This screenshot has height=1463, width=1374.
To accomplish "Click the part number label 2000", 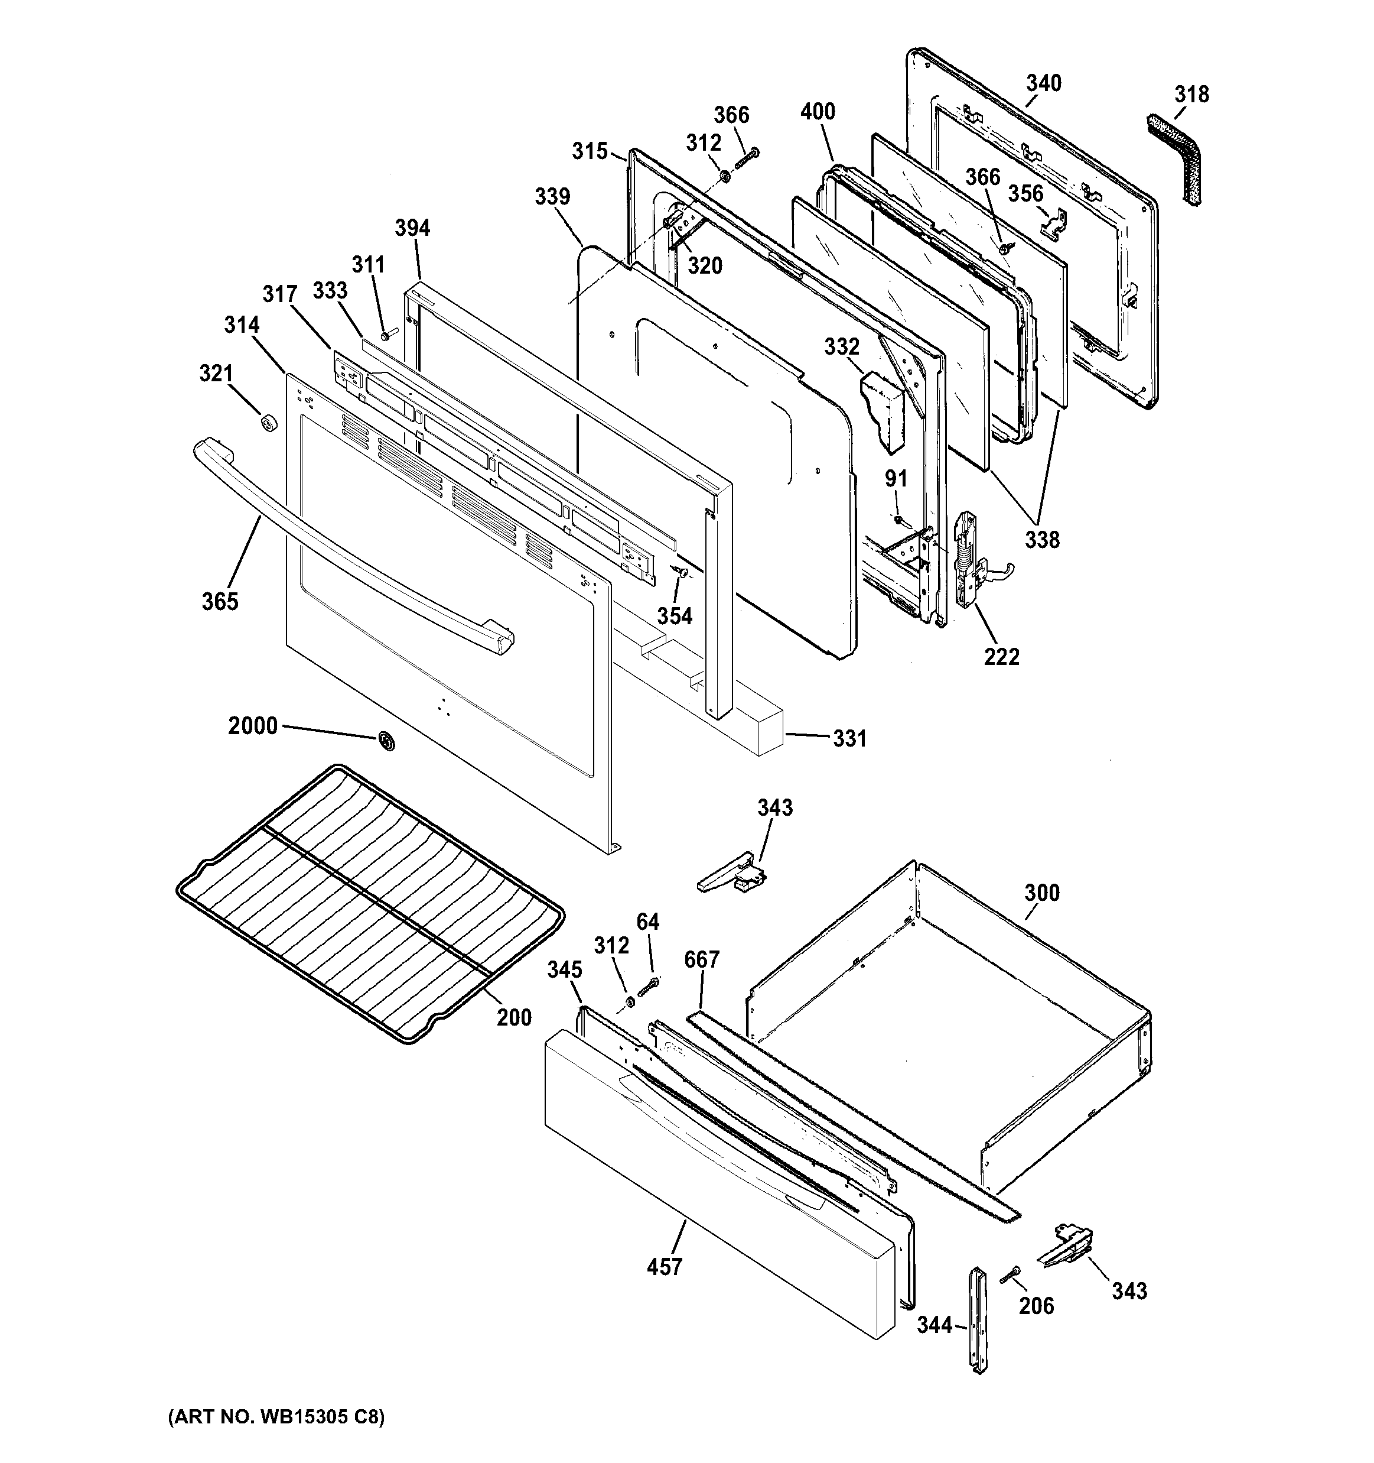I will click(252, 726).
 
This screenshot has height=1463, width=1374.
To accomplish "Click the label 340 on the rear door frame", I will click(1044, 83).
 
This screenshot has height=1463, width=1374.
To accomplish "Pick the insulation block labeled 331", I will click(758, 725).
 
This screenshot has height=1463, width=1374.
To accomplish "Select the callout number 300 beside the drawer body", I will click(1041, 893).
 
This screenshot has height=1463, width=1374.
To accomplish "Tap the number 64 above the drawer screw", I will click(647, 922).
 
